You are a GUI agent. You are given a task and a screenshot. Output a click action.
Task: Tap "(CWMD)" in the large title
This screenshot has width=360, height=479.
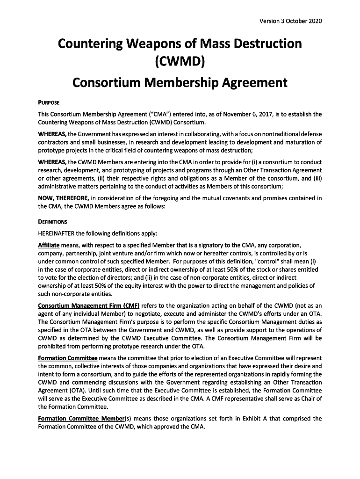[x=180, y=62]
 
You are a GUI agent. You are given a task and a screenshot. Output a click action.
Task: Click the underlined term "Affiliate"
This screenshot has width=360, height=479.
[x=48, y=245]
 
